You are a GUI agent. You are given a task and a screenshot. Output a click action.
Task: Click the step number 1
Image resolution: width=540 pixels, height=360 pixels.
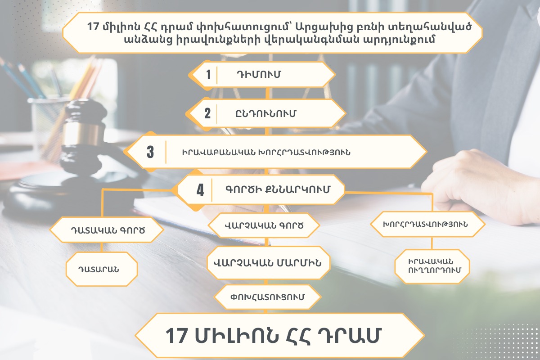(x=208, y=75)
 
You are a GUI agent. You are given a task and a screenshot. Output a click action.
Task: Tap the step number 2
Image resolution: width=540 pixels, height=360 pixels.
(x=207, y=113)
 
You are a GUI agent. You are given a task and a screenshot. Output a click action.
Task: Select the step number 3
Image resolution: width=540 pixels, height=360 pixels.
(x=150, y=152)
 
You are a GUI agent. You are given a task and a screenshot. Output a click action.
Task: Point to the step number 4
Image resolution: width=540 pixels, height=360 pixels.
(x=200, y=190)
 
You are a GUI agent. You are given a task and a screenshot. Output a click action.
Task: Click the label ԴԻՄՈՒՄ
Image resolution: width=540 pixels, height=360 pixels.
(x=259, y=74)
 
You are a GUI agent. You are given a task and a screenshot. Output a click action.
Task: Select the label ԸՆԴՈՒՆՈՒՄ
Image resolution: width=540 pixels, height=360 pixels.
(x=265, y=113)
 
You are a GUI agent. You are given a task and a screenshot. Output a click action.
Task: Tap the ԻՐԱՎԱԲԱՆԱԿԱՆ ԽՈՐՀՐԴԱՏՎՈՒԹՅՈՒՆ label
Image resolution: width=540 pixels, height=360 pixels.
(x=266, y=153)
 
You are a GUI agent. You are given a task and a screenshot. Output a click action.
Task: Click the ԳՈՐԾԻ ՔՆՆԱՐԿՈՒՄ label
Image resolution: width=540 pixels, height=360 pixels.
(x=278, y=189)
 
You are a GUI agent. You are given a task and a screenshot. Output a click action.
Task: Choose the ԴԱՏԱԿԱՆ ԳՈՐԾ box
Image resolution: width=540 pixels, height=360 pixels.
(x=107, y=230)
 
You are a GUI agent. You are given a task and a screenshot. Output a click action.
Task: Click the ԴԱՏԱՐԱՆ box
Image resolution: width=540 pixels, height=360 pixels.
(x=102, y=269)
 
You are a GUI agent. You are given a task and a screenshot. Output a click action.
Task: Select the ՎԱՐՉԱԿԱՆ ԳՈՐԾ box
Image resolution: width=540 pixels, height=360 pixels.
(x=264, y=225)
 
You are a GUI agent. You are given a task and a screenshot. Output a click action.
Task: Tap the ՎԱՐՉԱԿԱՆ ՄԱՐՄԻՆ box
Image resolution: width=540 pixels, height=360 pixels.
(x=268, y=263)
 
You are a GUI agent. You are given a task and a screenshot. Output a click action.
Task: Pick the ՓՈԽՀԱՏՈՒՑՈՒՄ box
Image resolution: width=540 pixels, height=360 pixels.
(x=267, y=297)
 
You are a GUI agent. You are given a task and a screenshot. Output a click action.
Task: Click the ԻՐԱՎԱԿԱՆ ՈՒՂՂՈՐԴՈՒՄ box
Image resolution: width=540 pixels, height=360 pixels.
(x=432, y=266)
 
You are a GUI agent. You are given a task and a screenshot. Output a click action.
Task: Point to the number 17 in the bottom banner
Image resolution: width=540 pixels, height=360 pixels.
(x=176, y=336)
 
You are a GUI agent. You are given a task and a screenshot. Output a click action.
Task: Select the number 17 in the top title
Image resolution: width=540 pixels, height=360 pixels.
(x=93, y=26)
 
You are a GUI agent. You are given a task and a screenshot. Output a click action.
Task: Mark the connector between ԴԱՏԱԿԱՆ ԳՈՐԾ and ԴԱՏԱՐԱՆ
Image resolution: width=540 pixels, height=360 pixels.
(x=102, y=247)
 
